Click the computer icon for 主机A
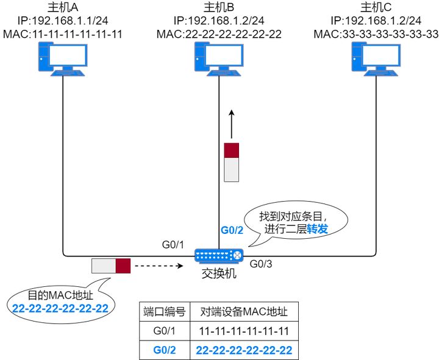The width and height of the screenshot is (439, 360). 63,60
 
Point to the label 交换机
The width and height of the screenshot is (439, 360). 218,274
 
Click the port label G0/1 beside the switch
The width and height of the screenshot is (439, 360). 173,245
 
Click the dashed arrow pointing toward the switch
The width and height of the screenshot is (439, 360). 158,266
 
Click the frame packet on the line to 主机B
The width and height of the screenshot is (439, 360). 231,162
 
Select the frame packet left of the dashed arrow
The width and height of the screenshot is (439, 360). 112,266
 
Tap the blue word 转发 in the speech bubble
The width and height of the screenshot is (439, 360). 317,229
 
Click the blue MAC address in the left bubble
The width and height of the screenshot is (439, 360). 60,308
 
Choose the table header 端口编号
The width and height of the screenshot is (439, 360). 164,312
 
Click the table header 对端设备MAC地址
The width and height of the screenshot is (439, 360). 244,312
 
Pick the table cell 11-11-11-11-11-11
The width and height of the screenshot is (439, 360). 244,331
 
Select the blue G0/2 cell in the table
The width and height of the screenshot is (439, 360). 164,350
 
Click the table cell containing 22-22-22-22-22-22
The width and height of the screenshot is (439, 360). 244,350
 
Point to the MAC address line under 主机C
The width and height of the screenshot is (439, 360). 376,34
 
